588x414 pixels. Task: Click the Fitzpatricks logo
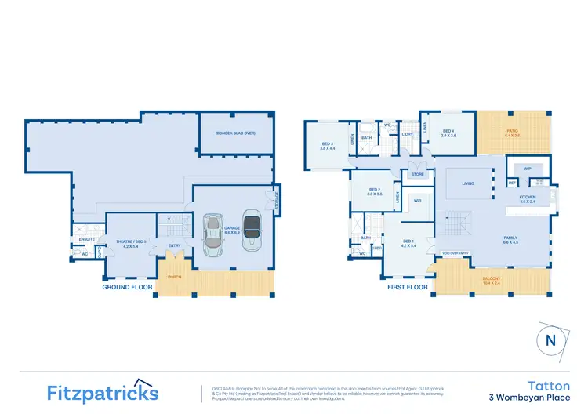(x=103, y=392)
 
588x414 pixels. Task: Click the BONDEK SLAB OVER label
(x=235, y=133)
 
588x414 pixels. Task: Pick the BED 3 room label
(x=328, y=145)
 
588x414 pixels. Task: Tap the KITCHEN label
(x=527, y=198)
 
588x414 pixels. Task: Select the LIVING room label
(x=468, y=184)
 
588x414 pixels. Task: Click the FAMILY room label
(x=510, y=239)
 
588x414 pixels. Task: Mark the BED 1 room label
(x=406, y=242)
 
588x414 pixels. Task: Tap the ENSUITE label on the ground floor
(x=88, y=239)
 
